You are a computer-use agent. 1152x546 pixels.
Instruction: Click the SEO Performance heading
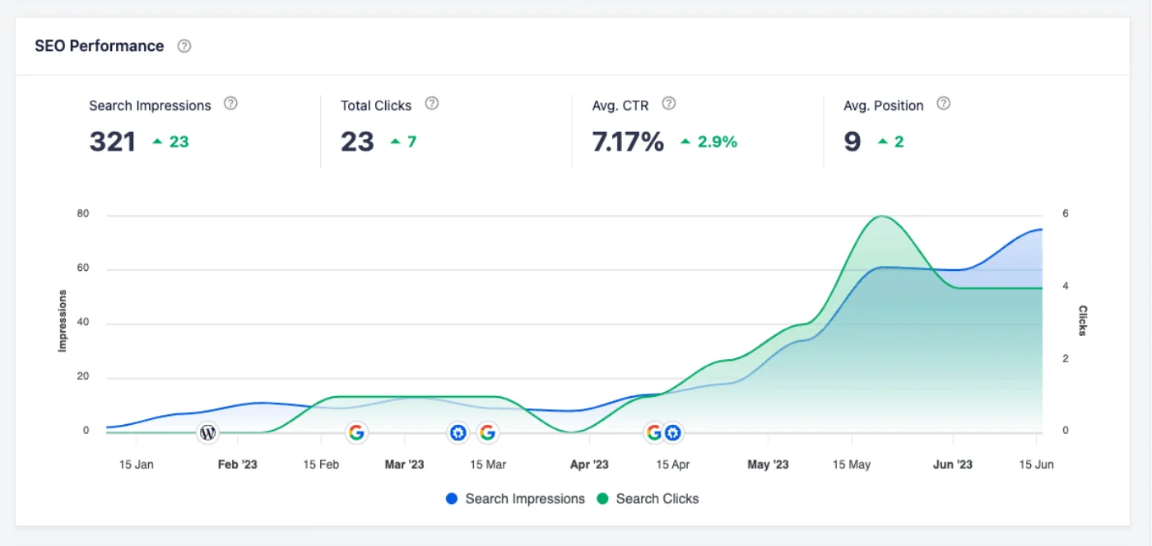coord(99,46)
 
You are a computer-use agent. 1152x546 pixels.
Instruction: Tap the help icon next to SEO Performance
coord(184,46)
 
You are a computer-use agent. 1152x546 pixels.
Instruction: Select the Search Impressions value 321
coord(112,142)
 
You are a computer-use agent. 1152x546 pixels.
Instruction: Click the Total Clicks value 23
coord(357,142)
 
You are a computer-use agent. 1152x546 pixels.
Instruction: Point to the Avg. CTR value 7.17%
coord(627,142)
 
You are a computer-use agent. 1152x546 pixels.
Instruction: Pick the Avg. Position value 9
coord(852,142)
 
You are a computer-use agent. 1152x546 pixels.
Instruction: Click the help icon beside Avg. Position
coord(944,104)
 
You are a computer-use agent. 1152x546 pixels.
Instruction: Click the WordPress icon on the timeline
coord(207,432)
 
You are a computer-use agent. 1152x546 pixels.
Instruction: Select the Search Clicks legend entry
coord(648,498)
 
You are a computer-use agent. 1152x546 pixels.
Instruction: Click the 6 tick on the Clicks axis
coord(1066,214)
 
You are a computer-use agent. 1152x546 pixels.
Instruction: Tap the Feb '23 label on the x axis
coord(237,464)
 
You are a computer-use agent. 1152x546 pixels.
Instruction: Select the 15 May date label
coord(851,464)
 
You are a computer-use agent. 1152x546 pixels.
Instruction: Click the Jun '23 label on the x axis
coord(952,464)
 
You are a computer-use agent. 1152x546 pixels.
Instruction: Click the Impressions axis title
coord(63,321)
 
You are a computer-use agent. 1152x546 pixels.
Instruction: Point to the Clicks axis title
coord(1083,321)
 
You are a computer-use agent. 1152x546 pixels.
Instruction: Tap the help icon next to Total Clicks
coord(431,104)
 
